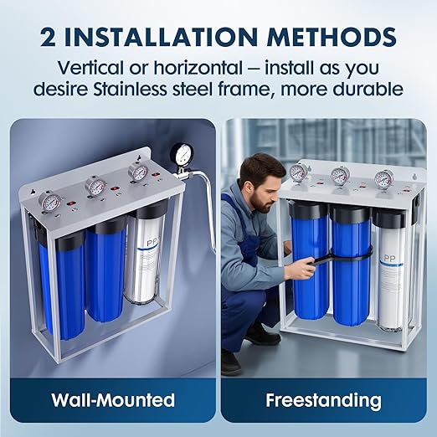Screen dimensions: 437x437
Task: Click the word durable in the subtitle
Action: click(364, 88)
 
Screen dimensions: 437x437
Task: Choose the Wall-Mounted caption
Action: click(111, 400)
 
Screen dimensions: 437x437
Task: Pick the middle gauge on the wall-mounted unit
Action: click(95, 186)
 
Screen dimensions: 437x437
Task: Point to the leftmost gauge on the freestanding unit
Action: click(297, 172)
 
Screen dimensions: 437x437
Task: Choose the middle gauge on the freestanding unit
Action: click(339, 175)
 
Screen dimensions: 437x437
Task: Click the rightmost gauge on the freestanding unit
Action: click(383, 177)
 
